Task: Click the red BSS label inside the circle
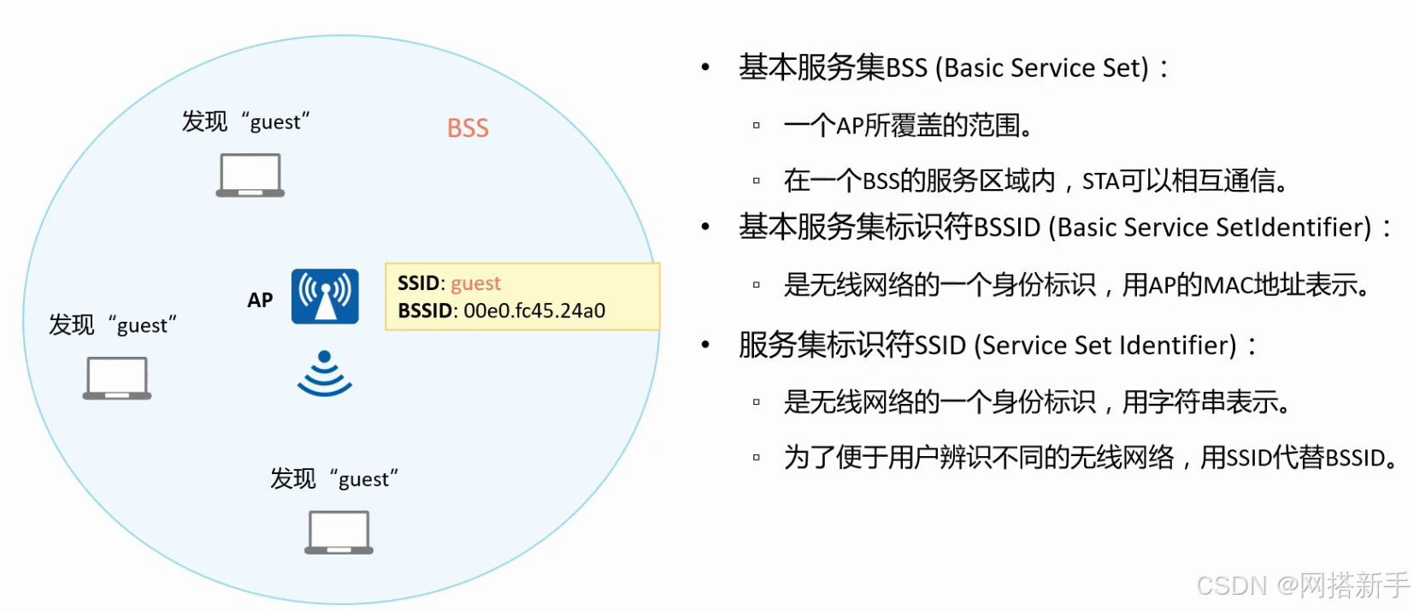click(x=468, y=128)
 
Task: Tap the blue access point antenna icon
click(x=325, y=296)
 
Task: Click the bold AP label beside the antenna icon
click(x=260, y=300)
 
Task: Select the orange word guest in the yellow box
click(x=475, y=283)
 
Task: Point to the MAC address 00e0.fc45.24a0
click(x=534, y=311)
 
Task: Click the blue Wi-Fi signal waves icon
click(x=325, y=374)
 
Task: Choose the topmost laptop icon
click(x=250, y=175)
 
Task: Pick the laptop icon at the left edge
click(x=117, y=377)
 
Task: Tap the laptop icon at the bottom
click(x=339, y=532)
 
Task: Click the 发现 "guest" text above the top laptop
click(x=245, y=122)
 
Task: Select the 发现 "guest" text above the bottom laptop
click(x=334, y=478)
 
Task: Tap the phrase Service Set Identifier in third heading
click(x=1109, y=346)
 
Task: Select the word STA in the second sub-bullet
click(x=1100, y=181)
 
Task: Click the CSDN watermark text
click(x=1231, y=585)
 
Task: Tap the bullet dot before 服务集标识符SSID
click(x=705, y=345)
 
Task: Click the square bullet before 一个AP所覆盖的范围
click(x=756, y=126)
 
